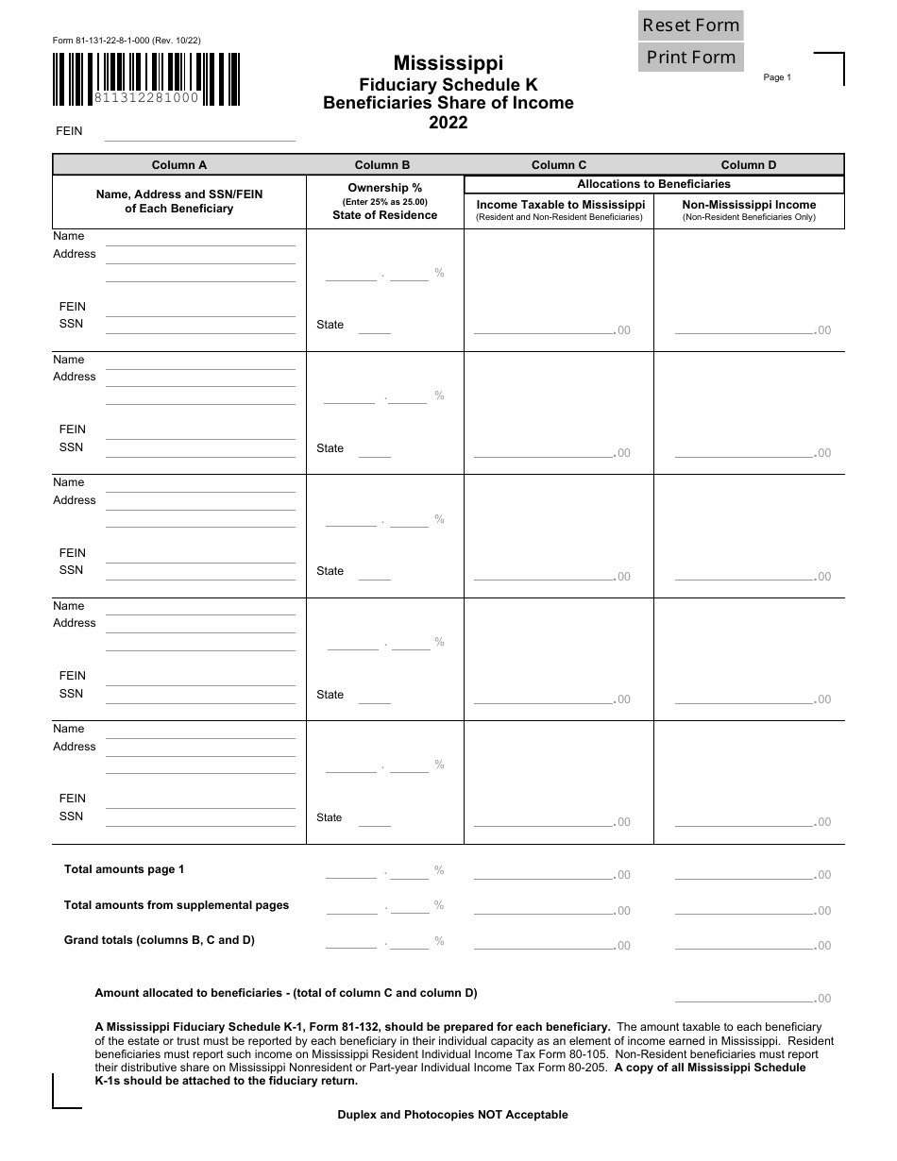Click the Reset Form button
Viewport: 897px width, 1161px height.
coord(691,25)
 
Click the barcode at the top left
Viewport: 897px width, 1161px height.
coord(145,78)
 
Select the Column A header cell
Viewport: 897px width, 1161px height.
coord(179,165)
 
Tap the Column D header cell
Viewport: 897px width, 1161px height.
coord(749,165)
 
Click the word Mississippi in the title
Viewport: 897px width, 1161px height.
coord(448,63)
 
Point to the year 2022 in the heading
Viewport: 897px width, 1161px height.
coord(448,123)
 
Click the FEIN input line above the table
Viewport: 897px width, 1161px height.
coord(200,133)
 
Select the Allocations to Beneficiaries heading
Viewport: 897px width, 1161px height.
coord(653,184)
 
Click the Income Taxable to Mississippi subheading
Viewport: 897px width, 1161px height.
coord(560,205)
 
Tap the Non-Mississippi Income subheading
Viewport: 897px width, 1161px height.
coord(749,205)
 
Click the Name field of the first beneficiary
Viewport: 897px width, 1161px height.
coord(200,238)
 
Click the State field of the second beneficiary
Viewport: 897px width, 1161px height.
coord(374,449)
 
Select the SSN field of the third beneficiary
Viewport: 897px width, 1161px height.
coord(200,571)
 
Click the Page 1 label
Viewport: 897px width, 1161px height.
coord(777,77)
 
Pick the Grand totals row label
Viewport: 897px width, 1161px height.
coord(159,940)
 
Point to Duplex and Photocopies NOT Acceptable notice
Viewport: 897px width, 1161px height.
coord(452,1115)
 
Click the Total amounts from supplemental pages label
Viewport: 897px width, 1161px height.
coord(177,905)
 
